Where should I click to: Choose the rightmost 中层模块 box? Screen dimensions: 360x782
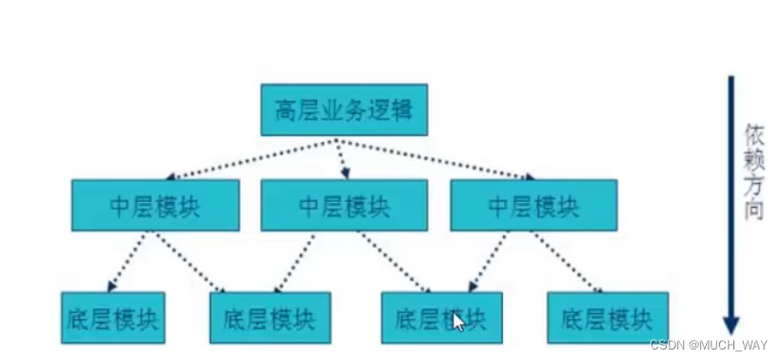point(533,205)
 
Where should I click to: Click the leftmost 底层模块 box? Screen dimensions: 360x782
point(112,316)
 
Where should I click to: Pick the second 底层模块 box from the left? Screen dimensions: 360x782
point(270,317)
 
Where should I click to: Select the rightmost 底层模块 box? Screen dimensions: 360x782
point(608,317)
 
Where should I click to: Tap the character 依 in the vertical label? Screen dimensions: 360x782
point(753,134)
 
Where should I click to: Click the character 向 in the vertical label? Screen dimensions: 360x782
point(753,211)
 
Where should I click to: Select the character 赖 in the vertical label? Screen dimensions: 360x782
point(753,159)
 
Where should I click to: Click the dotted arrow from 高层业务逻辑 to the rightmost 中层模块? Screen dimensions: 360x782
point(433,159)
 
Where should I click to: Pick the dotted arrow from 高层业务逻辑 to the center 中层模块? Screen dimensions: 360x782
point(341,159)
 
